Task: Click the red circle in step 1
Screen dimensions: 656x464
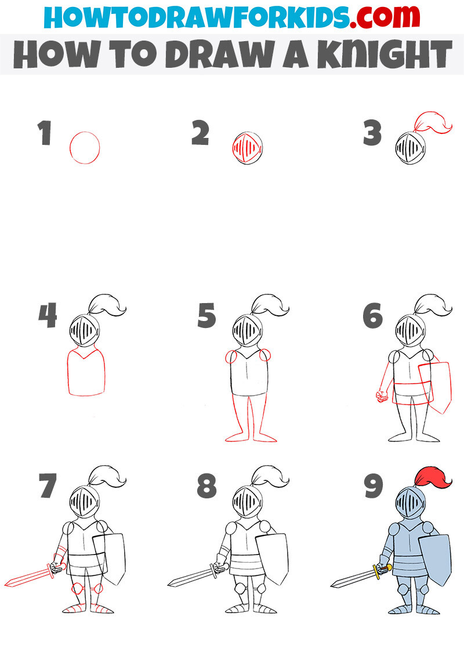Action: (85, 148)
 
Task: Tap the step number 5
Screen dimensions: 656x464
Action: (206, 316)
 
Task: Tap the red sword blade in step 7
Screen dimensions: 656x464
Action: (29, 576)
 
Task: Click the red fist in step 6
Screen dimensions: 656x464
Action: (382, 396)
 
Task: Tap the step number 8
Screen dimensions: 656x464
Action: (206, 486)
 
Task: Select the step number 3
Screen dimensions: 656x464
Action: (372, 133)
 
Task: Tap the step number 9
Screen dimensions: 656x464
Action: (372, 486)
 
